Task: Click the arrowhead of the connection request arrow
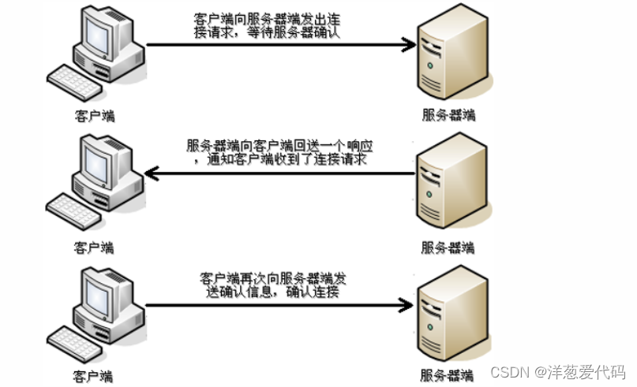coord(407,45)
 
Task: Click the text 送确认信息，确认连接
coord(269,292)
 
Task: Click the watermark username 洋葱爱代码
coord(587,370)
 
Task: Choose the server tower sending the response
coord(448,185)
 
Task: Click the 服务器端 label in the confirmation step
coord(447,375)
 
